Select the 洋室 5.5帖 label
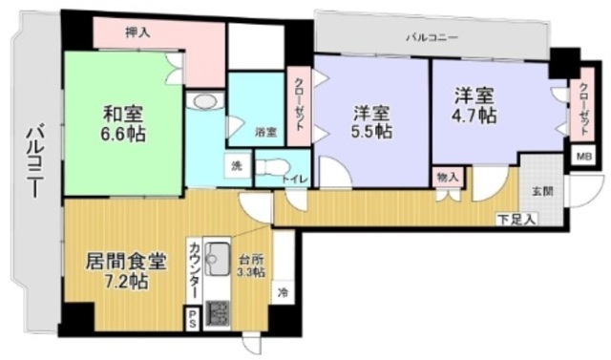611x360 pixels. [x=368, y=122]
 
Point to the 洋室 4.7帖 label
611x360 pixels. [x=473, y=106]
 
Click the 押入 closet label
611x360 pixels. [x=137, y=32]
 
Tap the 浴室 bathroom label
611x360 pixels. [x=265, y=133]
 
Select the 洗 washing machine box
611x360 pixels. [x=237, y=166]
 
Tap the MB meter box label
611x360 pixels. [x=581, y=154]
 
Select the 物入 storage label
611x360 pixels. [x=447, y=177]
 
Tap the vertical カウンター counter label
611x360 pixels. [x=193, y=270]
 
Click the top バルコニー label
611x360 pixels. [x=432, y=38]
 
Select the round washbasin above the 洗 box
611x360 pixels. [x=203, y=102]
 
